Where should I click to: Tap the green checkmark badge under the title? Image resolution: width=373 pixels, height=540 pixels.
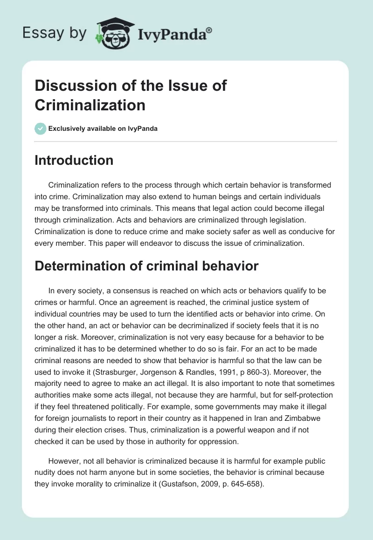pos(41,128)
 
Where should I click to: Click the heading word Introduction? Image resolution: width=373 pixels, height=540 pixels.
pos(74,160)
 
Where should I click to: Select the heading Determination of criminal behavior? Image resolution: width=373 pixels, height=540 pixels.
pos(146,266)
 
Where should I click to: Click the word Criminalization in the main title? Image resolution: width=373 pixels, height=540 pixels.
pos(90,105)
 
